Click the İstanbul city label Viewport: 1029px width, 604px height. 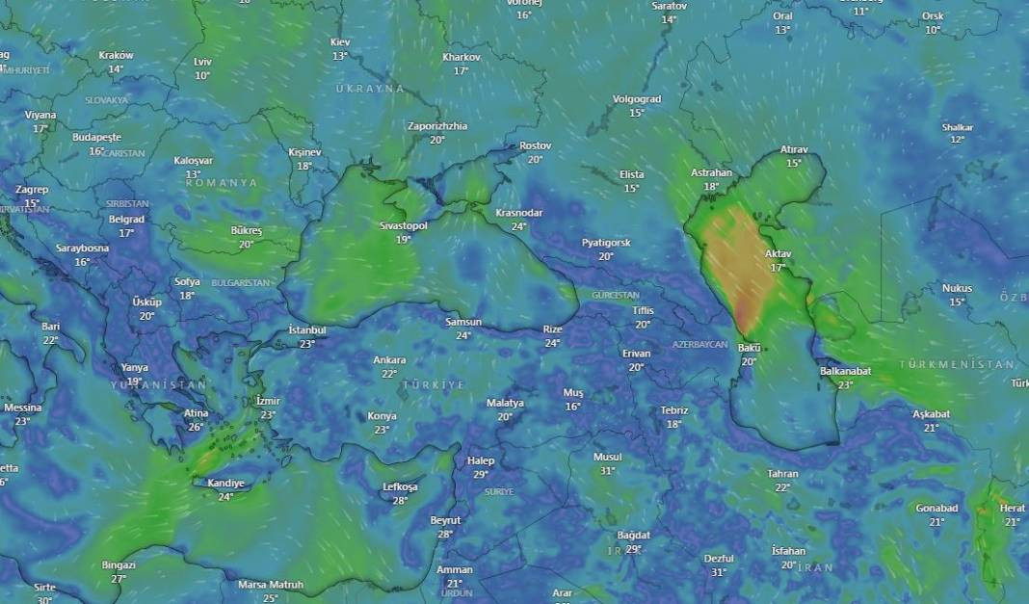point(307,330)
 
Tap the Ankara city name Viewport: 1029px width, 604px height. point(389,360)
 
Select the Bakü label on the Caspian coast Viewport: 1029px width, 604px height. point(749,348)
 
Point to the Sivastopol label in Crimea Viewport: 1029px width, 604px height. point(404,225)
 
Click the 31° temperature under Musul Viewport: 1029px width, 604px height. point(607,471)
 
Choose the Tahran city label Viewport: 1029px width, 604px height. point(782,474)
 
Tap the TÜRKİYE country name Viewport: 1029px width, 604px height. point(434,384)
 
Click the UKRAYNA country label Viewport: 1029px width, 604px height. point(370,89)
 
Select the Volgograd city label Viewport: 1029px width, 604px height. point(637,99)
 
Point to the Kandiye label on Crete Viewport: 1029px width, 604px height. point(225,484)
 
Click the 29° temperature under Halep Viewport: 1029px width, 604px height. point(481,474)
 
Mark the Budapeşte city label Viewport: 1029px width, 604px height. point(96,138)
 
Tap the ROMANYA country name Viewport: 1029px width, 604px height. point(222,182)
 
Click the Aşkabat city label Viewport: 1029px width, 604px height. point(932,414)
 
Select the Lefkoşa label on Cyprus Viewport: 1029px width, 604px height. point(400,487)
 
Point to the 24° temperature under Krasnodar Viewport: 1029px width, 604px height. point(518,226)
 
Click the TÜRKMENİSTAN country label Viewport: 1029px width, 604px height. point(957,365)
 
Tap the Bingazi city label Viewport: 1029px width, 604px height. point(119,565)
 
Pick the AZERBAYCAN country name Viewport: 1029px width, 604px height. point(699,344)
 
